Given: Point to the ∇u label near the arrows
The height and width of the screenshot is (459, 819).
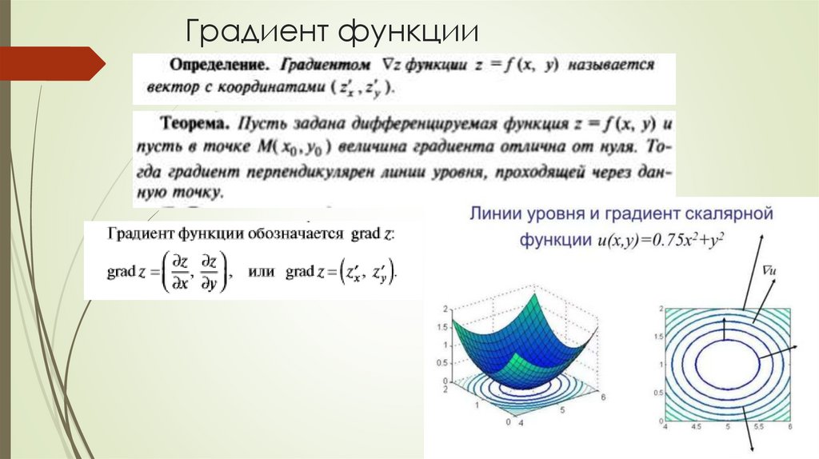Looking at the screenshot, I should coord(770,272).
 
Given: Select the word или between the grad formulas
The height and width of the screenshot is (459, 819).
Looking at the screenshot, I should coord(262,272).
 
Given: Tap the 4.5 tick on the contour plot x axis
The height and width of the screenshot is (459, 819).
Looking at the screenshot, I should coord(696,428).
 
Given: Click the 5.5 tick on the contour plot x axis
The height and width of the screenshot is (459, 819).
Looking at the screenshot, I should coord(759,428).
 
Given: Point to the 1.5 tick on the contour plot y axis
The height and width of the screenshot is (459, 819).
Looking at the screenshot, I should coord(657,337).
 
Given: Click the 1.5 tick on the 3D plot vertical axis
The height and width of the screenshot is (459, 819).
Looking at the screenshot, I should coord(441,327).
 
